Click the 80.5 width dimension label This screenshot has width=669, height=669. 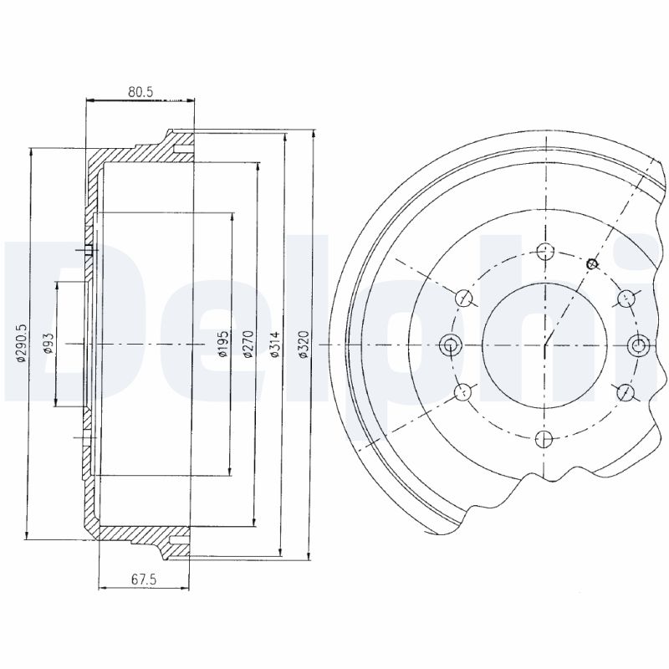(x=140, y=92)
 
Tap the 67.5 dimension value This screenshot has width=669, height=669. (x=144, y=579)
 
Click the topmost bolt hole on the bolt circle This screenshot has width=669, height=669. (x=545, y=252)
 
